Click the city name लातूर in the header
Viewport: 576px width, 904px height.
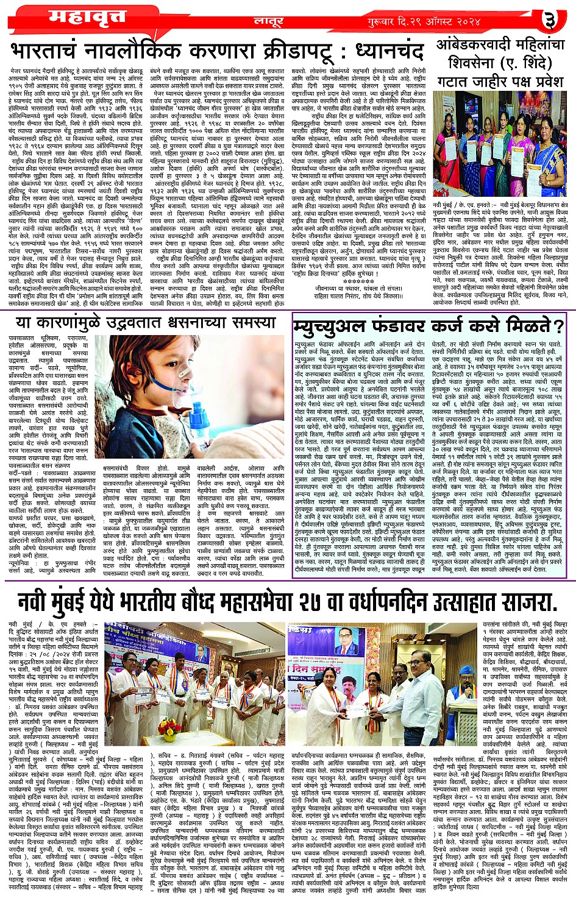point(267,21)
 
